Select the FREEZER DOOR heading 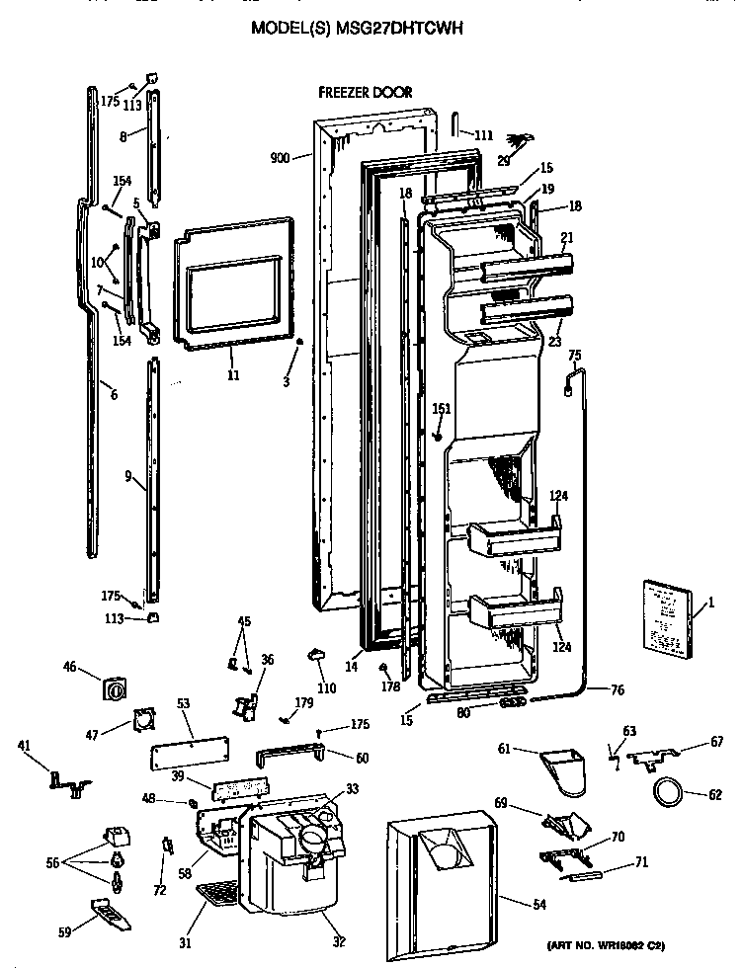365,93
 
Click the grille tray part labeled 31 218,896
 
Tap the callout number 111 483,134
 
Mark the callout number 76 617,691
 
